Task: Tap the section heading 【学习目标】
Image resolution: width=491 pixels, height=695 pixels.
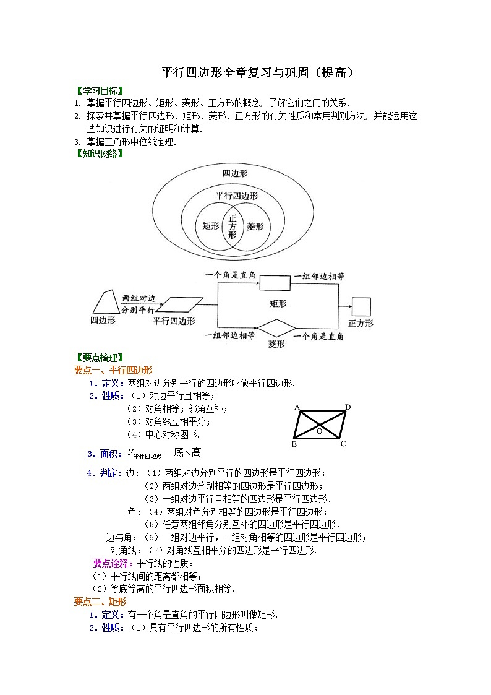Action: (99, 90)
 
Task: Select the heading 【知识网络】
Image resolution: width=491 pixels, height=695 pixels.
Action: (99, 153)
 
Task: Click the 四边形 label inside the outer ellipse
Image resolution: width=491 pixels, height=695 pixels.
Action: (235, 173)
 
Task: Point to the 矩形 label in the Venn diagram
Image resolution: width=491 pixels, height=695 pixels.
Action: (210, 227)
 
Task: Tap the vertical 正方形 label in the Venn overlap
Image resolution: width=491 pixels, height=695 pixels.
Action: (233, 227)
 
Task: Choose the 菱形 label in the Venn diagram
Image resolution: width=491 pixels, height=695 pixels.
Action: (255, 227)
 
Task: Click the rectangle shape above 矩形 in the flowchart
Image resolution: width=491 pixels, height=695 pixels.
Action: (274, 283)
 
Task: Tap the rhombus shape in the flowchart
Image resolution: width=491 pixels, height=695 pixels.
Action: (276, 328)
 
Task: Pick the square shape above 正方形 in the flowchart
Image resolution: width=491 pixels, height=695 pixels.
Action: (361, 307)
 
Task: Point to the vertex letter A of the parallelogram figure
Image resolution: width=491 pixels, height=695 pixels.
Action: (297, 407)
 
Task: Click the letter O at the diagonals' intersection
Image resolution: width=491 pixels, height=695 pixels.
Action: (319, 431)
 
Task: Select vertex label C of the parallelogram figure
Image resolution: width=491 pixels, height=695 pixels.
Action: (343, 444)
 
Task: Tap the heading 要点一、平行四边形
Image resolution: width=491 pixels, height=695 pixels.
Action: (113, 370)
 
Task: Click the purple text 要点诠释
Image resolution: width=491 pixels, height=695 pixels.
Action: (110, 563)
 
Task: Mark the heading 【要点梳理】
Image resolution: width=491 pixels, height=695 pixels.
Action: (99, 357)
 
